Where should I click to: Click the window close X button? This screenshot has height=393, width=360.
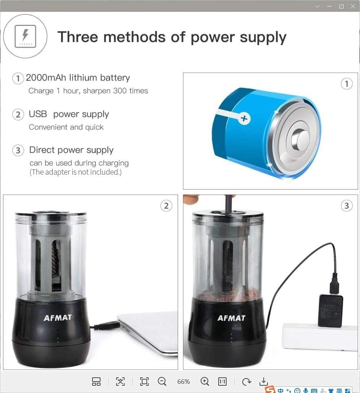point(353,6)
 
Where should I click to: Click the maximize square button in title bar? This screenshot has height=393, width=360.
point(341,6)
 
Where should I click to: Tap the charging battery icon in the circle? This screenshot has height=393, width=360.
point(25,36)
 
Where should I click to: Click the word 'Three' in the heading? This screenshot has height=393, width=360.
point(77,37)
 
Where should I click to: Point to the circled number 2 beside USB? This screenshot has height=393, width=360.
point(18,115)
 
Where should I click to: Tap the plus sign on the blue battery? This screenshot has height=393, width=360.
point(243,119)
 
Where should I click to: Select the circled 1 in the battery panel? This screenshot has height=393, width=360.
point(346,84)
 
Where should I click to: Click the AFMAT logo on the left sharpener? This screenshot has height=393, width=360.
point(57,318)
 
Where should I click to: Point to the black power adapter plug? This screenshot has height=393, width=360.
point(330,310)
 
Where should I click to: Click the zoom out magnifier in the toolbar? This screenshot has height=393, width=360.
point(162,381)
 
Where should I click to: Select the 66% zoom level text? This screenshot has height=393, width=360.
point(183,382)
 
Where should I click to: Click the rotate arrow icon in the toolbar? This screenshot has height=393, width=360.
point(246,381)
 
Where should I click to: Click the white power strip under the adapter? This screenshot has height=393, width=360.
point(319,336)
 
